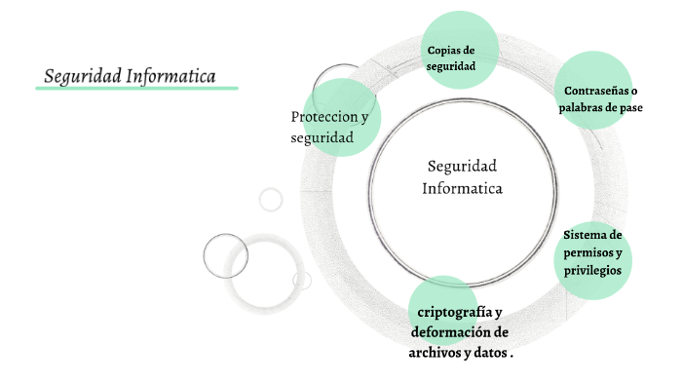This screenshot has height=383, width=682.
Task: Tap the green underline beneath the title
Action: coord(136,88)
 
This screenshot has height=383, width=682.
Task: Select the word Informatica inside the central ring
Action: coord(462,188)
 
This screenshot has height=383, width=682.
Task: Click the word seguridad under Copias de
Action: coord(451,67)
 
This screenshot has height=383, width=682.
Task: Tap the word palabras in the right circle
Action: coord(585,108)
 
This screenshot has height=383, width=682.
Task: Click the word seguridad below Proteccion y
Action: coord(322,138)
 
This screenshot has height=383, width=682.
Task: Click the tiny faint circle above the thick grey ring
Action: coord(270,200)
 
